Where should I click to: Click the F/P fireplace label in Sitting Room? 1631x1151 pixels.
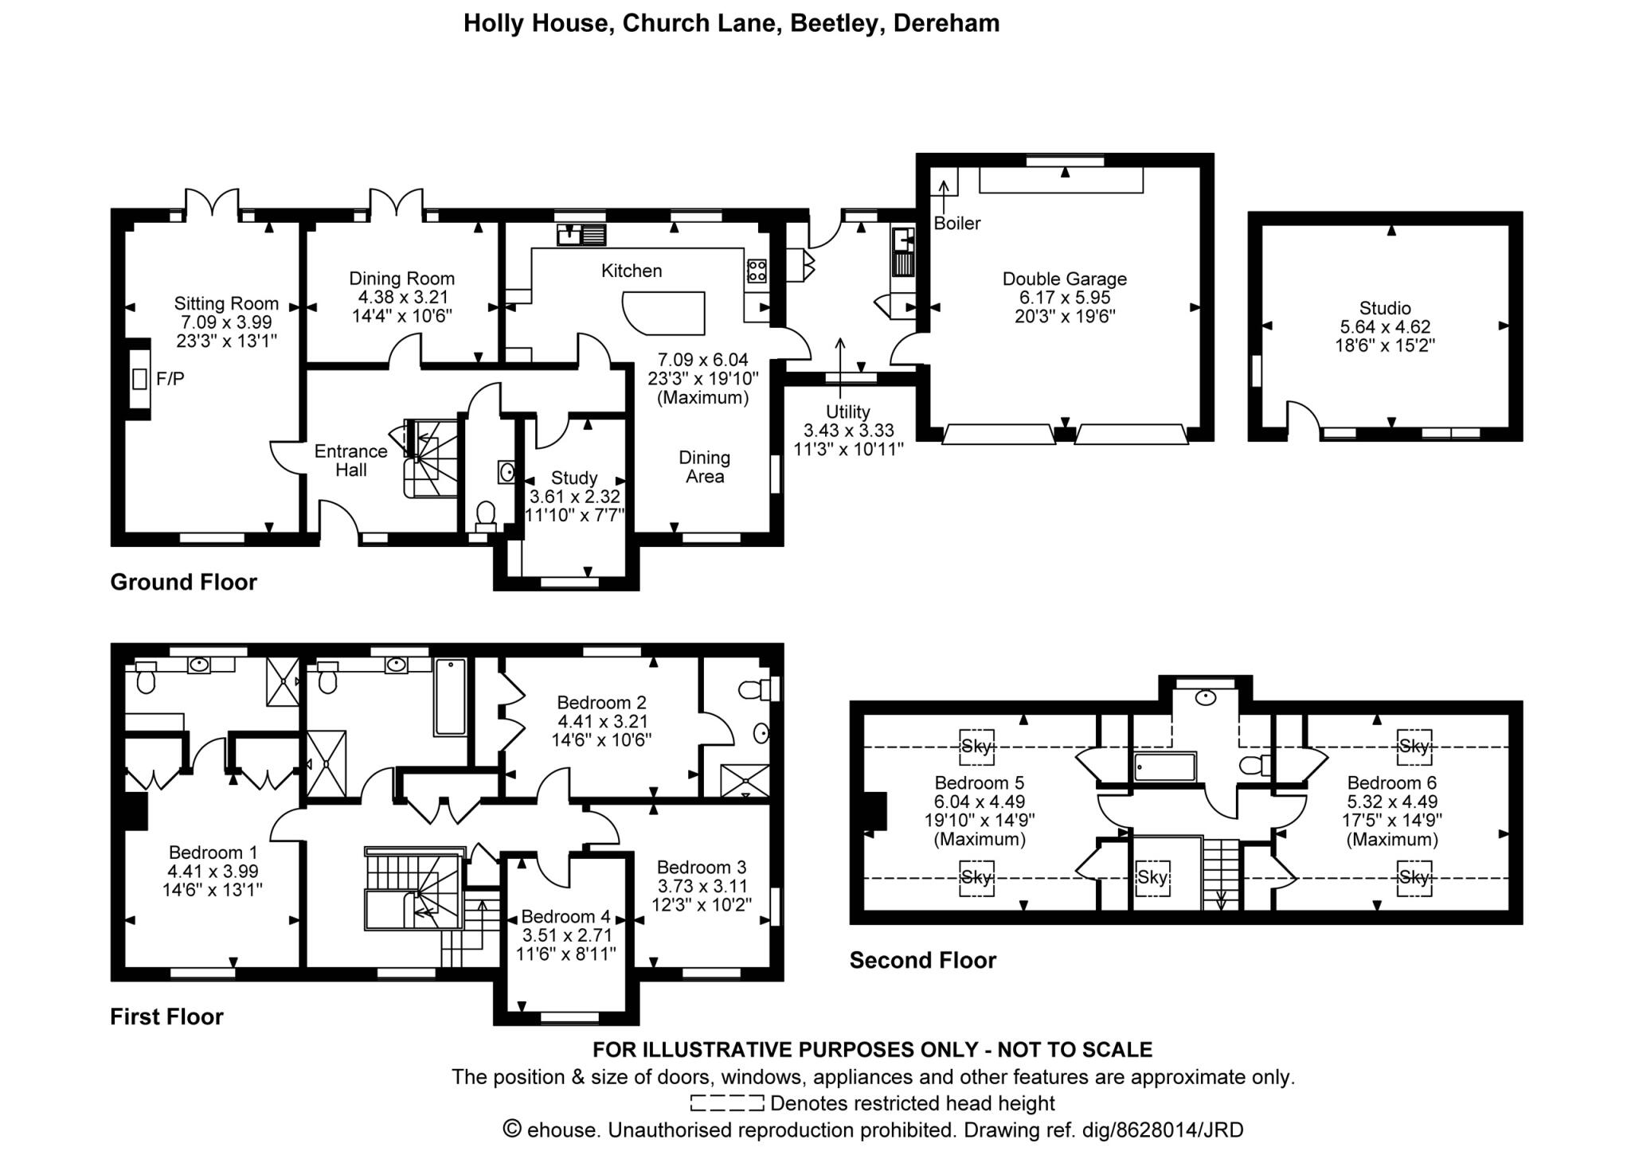point(170,379)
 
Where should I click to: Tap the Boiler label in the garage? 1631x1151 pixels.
point(956,224)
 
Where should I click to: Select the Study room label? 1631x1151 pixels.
point(573,478)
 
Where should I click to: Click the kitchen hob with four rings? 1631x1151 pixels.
point(756,271)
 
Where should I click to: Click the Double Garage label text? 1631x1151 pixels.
point(1064,279)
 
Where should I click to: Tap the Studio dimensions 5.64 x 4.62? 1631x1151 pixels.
point(1385,326)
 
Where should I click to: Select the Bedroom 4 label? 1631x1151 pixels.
point(565,916)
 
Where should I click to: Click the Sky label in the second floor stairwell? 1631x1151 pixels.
point(1152,877)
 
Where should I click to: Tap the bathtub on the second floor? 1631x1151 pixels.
point(1164,767)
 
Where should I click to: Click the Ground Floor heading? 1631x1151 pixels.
point(183,582)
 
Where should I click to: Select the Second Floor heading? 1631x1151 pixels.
point(922,960)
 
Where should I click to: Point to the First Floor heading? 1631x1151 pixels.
point(166,1016)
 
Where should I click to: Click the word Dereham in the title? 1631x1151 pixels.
point(946,23)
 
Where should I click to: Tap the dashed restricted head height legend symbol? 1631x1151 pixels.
point(726,1103)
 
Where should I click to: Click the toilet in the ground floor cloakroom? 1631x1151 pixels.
point(484,515)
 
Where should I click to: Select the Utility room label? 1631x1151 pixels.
point(847,412)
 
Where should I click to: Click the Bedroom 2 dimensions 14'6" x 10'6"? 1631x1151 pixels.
point(601,739)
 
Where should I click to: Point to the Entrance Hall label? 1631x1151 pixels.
point(350,460)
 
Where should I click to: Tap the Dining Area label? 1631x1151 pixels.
point(704,466)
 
